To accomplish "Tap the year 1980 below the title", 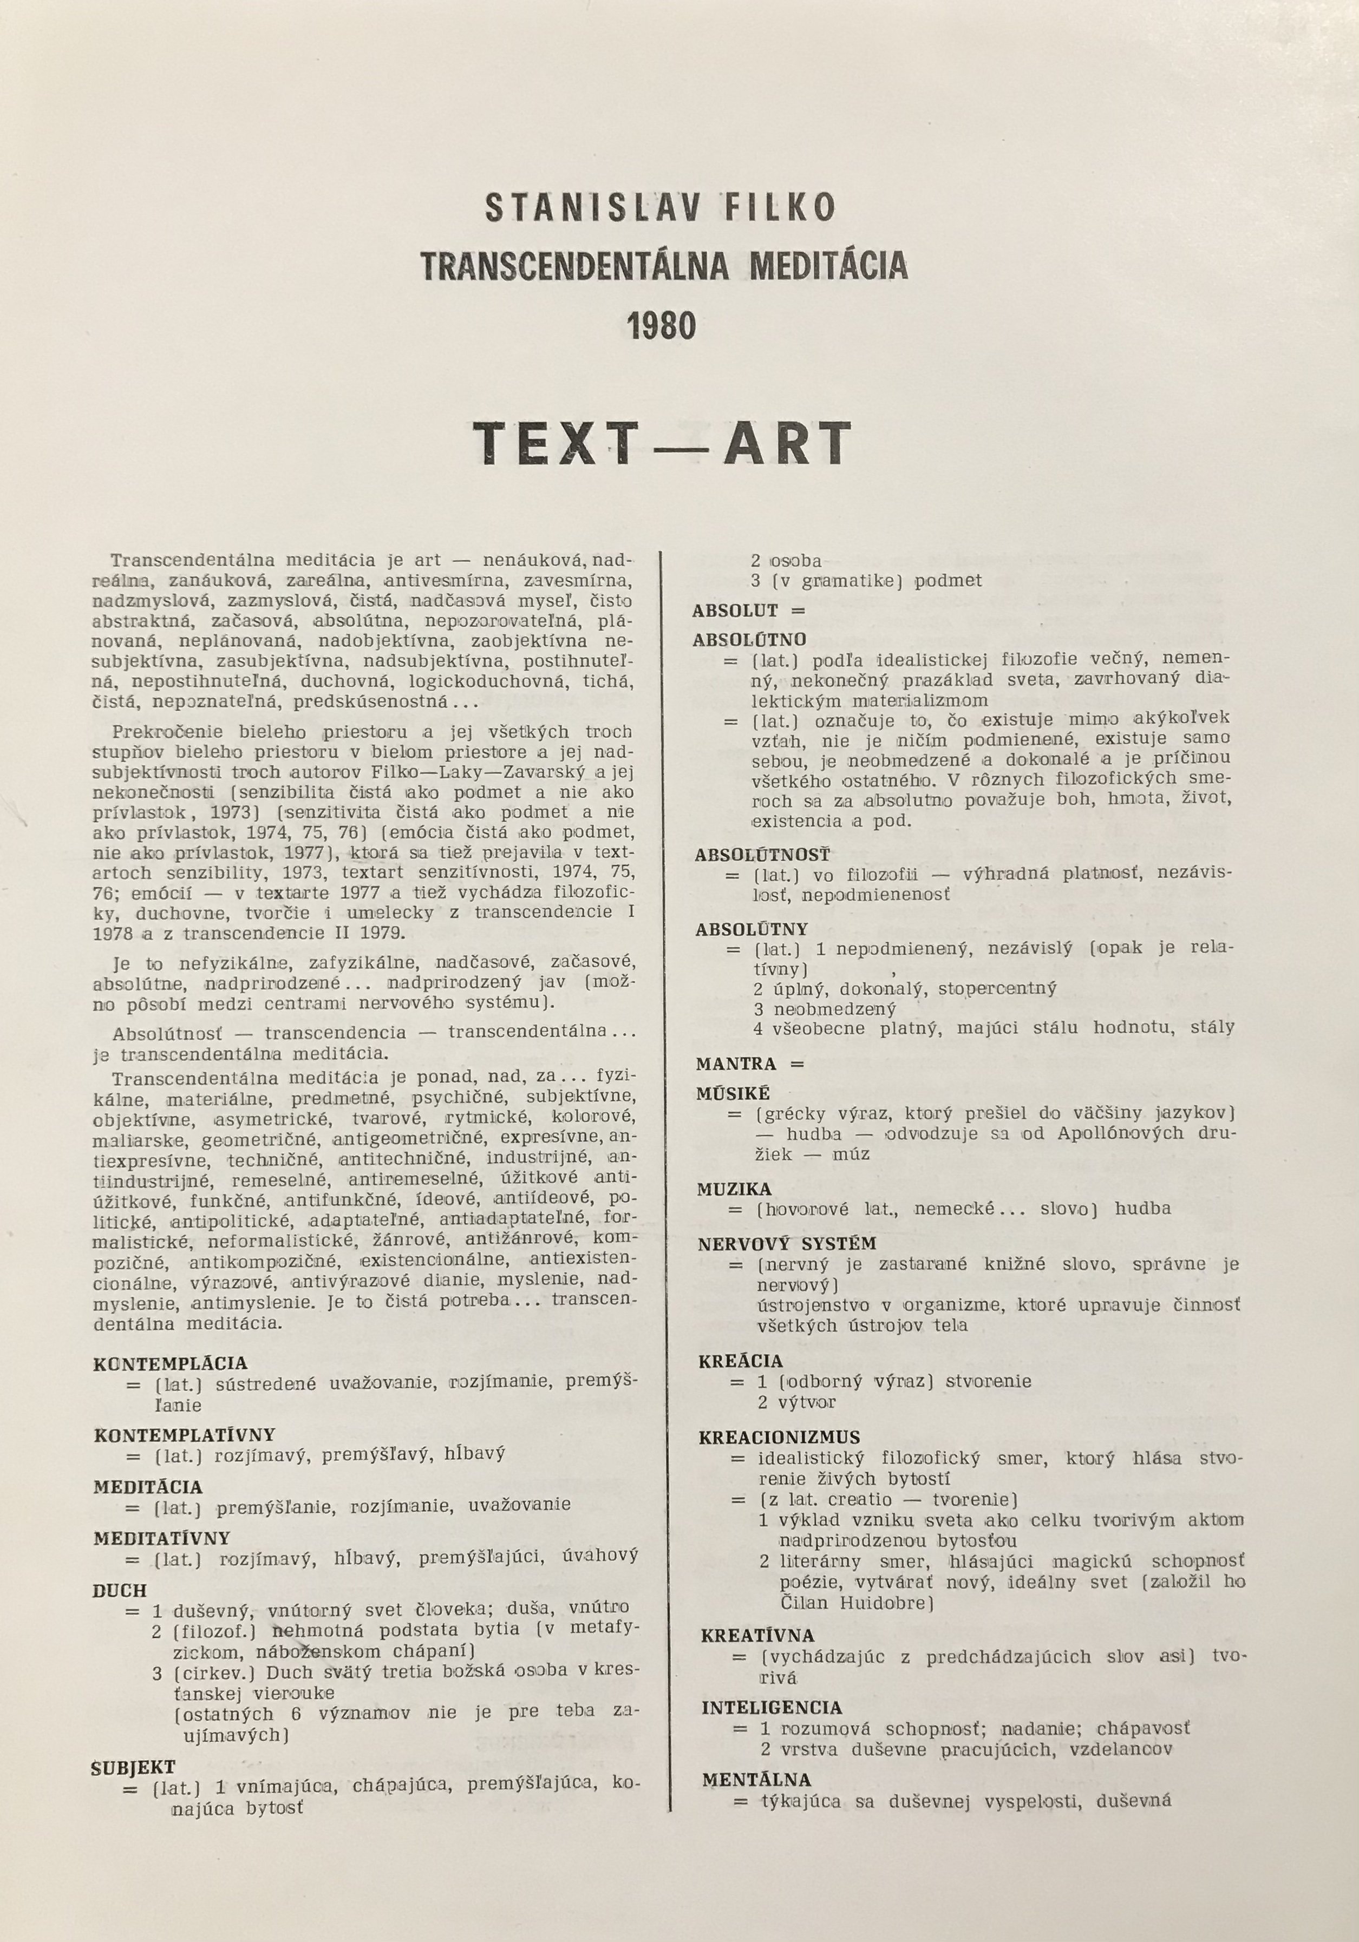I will (x=662, y=326).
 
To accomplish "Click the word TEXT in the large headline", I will (x=554, y=443).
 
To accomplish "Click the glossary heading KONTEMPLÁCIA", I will (x=170, y=1363).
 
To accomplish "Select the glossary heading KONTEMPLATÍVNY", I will (x=185, y=1434).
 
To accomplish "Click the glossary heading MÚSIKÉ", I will (x=734, y=1094).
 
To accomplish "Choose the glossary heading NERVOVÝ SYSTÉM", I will (x=787, y=1243).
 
